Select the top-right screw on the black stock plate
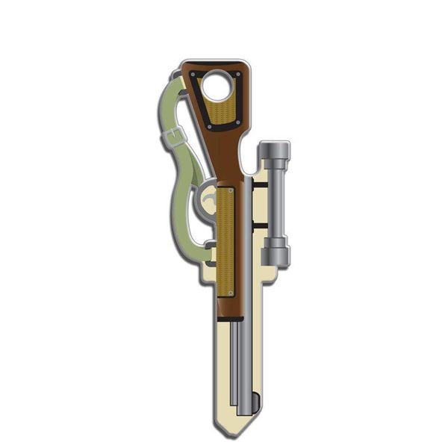point(238,74)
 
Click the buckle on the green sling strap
point(175,137)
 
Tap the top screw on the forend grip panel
point(230,191)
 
